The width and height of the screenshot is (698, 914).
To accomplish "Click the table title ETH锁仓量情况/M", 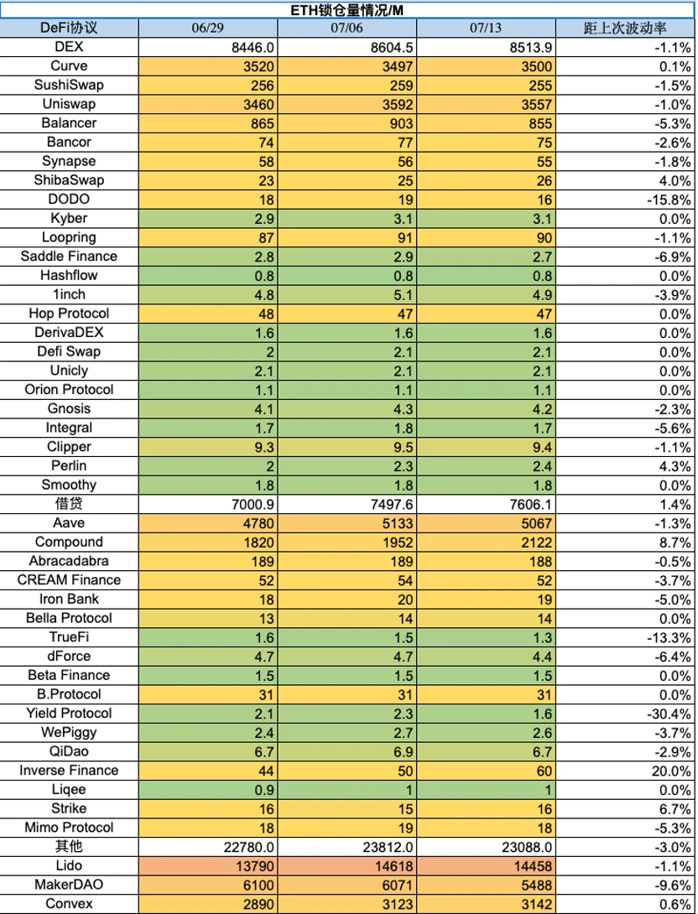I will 349,8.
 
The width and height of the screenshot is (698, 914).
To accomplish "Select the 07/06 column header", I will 346,28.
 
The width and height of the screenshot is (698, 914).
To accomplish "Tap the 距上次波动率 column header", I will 626,28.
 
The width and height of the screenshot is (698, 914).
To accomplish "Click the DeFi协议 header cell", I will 69,28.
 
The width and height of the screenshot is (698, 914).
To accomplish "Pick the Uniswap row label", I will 69,104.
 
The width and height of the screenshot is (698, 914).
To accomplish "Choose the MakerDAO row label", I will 69,885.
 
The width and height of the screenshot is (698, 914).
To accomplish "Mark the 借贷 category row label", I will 69,504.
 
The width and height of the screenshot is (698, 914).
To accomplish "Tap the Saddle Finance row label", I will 69,257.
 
